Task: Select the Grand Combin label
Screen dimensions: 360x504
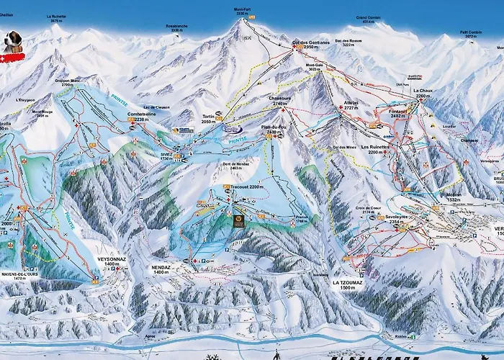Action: pos(368,19)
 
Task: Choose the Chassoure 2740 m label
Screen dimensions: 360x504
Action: pos(279,101)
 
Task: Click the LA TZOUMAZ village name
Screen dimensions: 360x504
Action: pos(346,283)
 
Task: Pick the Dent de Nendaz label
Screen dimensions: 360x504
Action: pos(230,165)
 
